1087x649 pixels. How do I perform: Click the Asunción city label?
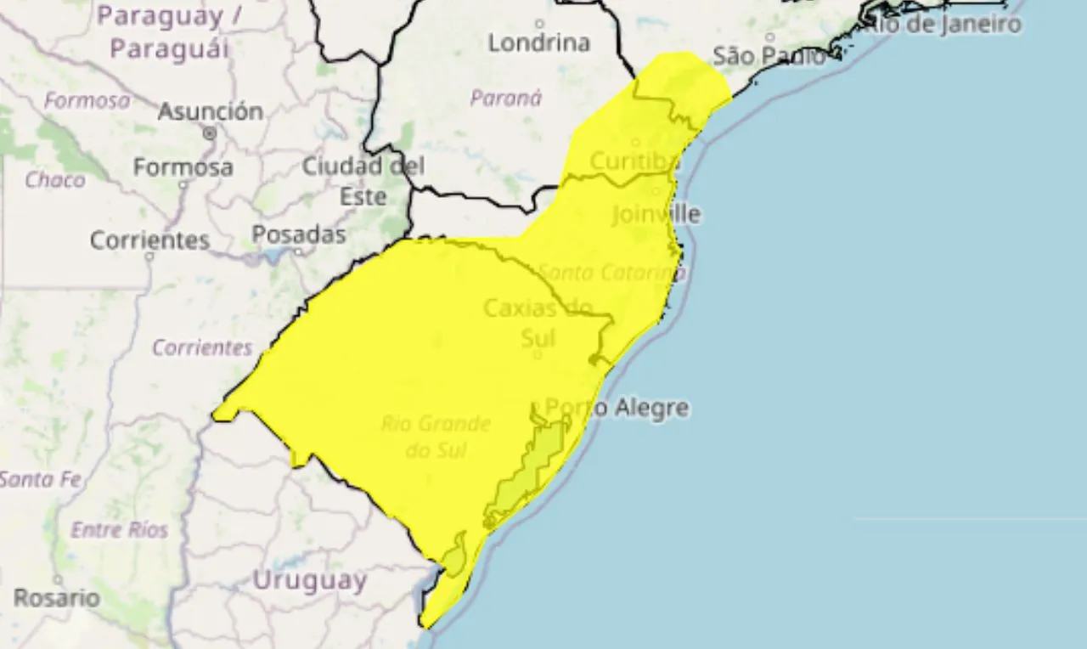(x=211, y=111)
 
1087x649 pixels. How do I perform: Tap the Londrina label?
(x=539, y=42)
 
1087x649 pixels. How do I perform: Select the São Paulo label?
(x=769, y=57)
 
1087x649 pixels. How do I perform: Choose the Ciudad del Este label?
(x=363, y=181)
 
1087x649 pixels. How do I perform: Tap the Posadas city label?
(x=299, y=234)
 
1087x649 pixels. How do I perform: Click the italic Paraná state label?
(x=506, y=98)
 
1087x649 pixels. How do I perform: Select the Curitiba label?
(x=634, y=161)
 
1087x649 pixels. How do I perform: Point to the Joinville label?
(x=656, y=214)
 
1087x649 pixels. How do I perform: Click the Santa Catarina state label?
(x=612, y=273)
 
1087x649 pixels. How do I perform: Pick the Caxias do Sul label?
(x=537, y=323)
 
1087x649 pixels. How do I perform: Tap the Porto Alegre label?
(x=617, y=408)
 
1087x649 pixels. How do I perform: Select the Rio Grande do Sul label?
(x=436, y=436)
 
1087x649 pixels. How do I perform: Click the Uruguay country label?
(x=310, y=581)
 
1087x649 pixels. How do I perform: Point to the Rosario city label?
(x=56, y=597)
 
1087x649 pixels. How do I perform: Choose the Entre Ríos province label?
(x=119, y=530)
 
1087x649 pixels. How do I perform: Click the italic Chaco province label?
(x=55, y=179)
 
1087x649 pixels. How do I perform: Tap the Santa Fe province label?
(x=40, y=480)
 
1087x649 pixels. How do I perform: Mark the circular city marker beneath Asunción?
(x=210, y=133)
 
